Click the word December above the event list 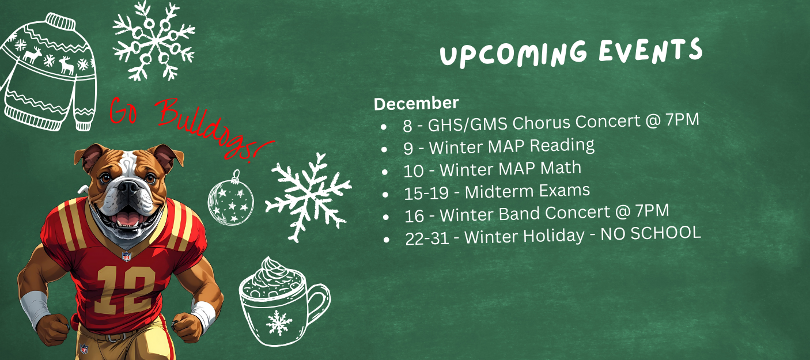[x=416, y=103]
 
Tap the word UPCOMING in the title [x=513, y=54]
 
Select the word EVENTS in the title [x=650, y=51]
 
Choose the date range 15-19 [x=426, y=193]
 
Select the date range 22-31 [x=427, y=238]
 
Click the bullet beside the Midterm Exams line [x=385, y=195]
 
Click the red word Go [x=123, y=111]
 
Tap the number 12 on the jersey [x=126, y=290]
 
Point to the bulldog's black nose [x=128, y=187]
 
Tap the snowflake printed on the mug [x=279, y=323]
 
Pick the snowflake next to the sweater [x=154, y=40]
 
